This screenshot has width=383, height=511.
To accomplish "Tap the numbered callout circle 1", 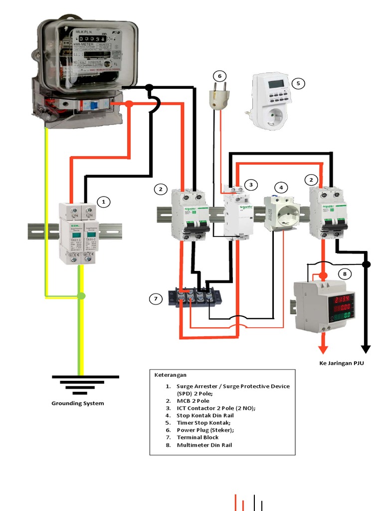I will coord(103,202).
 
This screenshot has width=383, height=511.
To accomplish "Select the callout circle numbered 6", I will coord(219,76).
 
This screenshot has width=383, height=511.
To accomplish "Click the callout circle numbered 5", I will coord(298,83).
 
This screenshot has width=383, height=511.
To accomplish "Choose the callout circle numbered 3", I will coord(251,185).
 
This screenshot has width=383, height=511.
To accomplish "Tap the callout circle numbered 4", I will coord(281,188).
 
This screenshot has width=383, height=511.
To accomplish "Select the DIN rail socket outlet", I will coord(281,213).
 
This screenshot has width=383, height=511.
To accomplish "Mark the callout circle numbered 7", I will coord(156,299).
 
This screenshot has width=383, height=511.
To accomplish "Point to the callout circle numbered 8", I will coord(345,274).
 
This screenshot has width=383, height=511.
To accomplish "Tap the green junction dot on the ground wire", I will coord(81,296).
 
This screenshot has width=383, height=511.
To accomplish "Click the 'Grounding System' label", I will coord(78,403).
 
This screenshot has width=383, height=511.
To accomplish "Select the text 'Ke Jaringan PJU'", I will coord(342,363).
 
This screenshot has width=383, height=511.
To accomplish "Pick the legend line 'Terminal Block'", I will coord(197,437).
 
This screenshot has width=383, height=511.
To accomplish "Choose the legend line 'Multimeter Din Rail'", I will coord(204,445).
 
